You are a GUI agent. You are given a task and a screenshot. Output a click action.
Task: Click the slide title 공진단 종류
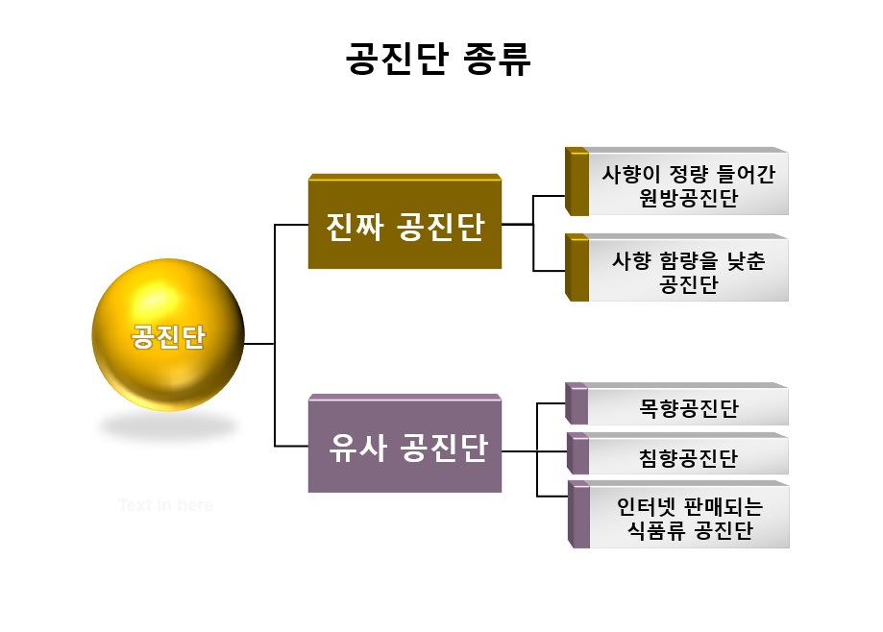[x=438, y=60]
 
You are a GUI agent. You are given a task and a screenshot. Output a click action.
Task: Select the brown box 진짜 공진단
[x=405, y=228]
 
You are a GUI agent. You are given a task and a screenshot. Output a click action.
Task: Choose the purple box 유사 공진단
[x=405, y=448]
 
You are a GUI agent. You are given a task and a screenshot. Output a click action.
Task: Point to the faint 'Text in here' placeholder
[x=165, y=505]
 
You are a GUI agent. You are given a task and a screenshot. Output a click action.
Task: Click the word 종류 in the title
[x=497, y=60]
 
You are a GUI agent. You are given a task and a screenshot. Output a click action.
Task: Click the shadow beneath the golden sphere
[x=168, y=425]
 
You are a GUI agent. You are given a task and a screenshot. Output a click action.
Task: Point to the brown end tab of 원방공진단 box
[x=576, y=182]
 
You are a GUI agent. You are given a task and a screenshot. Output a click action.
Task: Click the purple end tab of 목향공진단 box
[x=576, y=405]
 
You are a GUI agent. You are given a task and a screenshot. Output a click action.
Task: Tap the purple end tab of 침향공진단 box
[x=576, y=454]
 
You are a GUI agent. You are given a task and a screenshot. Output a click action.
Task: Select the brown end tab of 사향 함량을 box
[x=576, y=269]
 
